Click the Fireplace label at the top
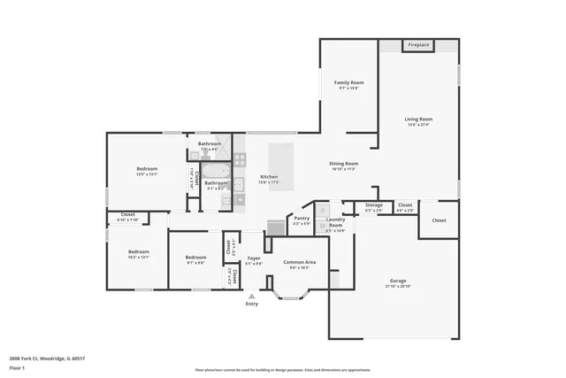417,44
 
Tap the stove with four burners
240,161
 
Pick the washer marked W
322,226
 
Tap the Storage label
374,205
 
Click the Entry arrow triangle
252,297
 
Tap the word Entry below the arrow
252,305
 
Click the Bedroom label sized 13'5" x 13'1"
147,168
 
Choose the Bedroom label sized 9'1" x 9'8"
195,258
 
